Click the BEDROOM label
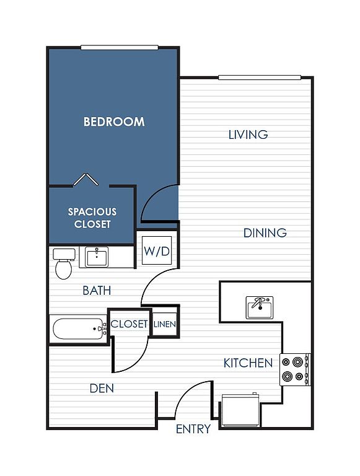pyautogui.click(x=114, y=121)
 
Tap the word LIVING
pyautogui.click(x=248, y=134)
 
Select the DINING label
pyautogui.click(x=265, y=233)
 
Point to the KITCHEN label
pyautogui.click(x=248, y=363)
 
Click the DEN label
pyautogui.click(x=102, y=388)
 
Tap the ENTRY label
pyautogui.click(x=193, y=429)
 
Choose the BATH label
pyautogui.click(x=97, y=291)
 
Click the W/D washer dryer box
pyautogui.click(x=157, y=250)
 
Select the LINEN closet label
pyautogui.click(x=165, y=324)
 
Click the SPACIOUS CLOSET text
pyautogui.click(x=92, y=218)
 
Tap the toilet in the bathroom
pyautogui.click(x=64, y=263)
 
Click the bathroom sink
pyautogui.click(x=97, y=257)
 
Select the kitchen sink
pyautogui.click(x=260, y=307)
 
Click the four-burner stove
pyautogui.click(x=295, y=369)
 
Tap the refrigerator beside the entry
pyautogui.click(x=240, y=410)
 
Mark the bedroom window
pyautogui.click(x=120, y=47)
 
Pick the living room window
pyautogui.click(x=260, y=77)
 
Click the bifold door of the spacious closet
pyautogui.click(x=86, y=179)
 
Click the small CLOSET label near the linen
pyautogui.click(x=129, y=324)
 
